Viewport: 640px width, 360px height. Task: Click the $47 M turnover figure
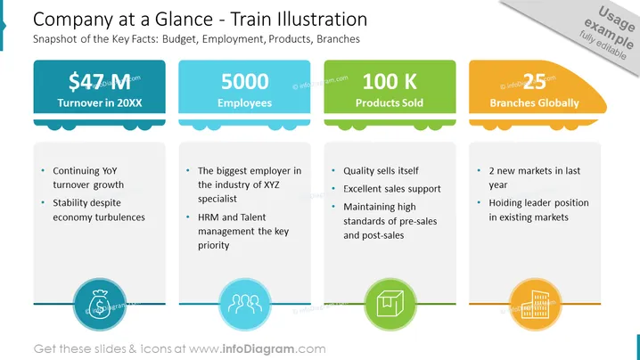pyautogui.click(x=100, y=82)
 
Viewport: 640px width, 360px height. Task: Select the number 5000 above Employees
pyautogui.click(x=245, y=82)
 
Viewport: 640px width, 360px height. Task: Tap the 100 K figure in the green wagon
pyautogui.click(x=390, y=82)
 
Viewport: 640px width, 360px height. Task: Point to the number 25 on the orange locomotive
pyautogui.click(x=534, y=82)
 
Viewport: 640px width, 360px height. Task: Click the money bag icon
pyautogui.click(x=100, y=305)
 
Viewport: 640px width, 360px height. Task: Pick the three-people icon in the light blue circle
pyautogui.click(x=245, y=305)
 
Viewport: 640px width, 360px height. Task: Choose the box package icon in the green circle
pyautogui.click(x=390, y=304)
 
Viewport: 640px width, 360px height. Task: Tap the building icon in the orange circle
pyautogui.click(x=535, y=305)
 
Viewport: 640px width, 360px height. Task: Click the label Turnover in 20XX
pyautogui.click(x=100, y=102)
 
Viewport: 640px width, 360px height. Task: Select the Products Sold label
pyautogui.click(x=390, y=102)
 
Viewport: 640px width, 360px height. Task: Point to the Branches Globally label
pyautogui.click(x=534, y=102)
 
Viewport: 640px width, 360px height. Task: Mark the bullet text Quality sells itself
pyautogui.click(x=381, y=170)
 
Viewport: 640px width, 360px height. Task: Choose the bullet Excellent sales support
pyautogui.click(x=392, y=189)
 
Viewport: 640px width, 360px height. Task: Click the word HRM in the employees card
pyautogui.click(x=209, y=217)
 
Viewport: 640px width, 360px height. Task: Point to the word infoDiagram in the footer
pyautogui.click(x=258, y=349)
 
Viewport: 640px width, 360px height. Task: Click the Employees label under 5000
pyautogui.click(x=244, y=103)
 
